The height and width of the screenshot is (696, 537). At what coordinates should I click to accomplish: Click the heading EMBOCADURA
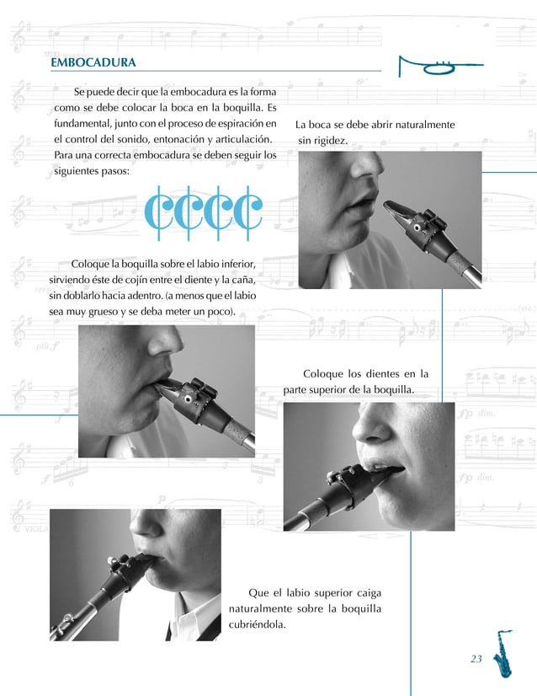click(x=93, y=62)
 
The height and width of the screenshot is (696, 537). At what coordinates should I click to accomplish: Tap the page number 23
click(x=476, y=659)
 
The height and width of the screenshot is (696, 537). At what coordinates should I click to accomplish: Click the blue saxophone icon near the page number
click(x=503, y=653)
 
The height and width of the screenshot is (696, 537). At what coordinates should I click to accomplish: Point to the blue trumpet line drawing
click(x=440, y=66)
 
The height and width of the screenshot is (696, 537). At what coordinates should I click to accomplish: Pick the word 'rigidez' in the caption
click(x=331, y=141)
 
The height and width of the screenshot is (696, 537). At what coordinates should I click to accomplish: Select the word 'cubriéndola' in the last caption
click(x=258, y=624)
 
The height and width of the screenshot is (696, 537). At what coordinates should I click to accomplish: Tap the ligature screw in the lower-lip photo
click(x=188, y=399)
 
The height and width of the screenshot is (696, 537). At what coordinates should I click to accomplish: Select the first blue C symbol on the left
click(x=158, y=213)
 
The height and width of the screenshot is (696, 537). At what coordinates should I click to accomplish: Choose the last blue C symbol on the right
click(x=248, y=213)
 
